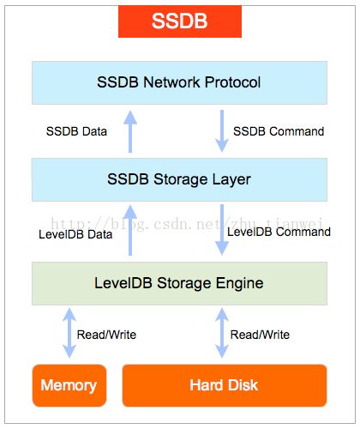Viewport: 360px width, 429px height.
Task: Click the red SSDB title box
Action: coord(180,21)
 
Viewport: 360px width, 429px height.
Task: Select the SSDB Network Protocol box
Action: coord(179,82)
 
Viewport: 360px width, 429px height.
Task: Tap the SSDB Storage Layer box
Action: coord(179,179)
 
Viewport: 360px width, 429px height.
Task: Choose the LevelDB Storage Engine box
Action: coord(179,283)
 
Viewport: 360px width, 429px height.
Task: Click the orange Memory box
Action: coord(69,385)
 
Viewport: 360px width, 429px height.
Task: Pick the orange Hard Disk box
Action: coord(225,385)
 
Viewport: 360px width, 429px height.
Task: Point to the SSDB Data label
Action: coord(76,131)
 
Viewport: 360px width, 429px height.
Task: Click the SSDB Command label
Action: coord(279,131)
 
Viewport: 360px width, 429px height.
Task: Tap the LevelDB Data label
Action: coord(75,234)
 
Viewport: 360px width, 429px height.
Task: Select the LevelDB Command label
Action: coord(279,232)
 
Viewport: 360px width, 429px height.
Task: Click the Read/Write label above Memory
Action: coord(106,335)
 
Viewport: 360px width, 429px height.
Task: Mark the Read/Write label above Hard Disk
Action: coord(260,335)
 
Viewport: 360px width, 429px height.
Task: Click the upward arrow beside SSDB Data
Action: coord(130,131)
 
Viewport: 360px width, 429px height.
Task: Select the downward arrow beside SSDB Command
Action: coord(222,131)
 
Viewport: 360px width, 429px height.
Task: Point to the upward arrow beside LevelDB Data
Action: coord(130,230)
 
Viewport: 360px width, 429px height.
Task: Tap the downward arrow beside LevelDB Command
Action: coord(222,229)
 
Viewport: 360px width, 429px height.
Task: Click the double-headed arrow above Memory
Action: coord(69,333)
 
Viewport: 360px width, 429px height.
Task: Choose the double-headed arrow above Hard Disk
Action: coord(222,333)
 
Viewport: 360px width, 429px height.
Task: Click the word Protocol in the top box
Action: coord(232,82)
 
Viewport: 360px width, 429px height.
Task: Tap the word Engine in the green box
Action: coord(239,284)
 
